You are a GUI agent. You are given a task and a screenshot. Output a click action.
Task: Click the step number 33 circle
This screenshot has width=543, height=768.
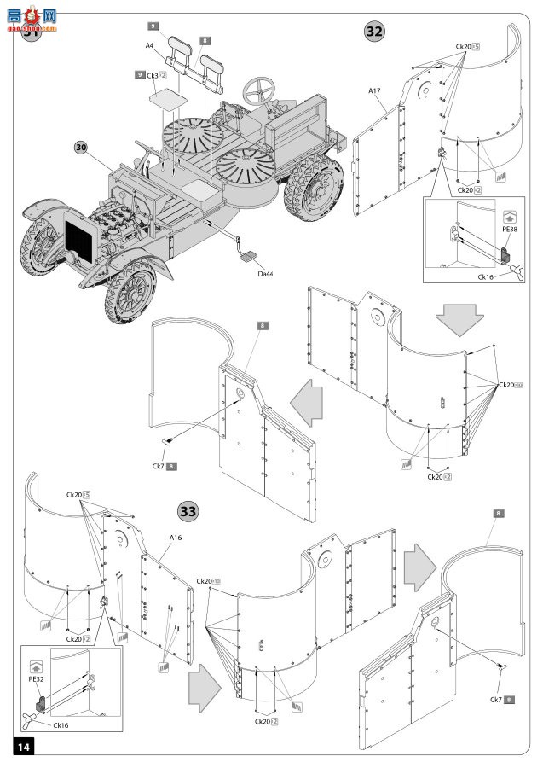(188, 511)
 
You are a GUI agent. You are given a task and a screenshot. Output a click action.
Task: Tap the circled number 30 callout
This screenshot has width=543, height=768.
(82, 147)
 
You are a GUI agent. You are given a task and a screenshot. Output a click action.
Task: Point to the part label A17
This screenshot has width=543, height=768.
(374, 90)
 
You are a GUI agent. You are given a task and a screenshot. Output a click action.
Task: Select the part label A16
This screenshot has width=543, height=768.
(176, 538)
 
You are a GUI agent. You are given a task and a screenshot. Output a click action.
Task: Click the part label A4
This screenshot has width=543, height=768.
(149, 45)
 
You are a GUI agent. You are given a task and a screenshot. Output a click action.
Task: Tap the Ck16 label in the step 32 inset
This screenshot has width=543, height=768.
(488, 276)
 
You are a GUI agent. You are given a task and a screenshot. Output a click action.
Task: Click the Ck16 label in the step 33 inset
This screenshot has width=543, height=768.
(61, 726)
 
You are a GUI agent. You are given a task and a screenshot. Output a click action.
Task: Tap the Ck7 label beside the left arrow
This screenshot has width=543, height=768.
(159, 466)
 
